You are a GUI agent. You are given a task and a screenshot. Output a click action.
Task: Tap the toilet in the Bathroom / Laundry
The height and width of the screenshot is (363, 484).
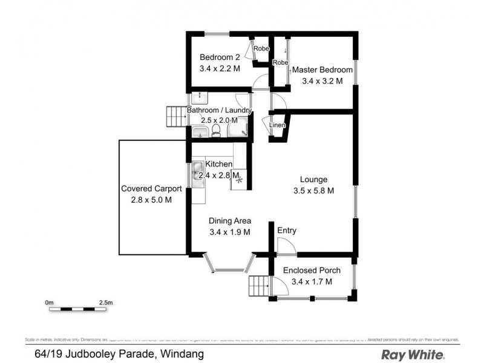[216, 130]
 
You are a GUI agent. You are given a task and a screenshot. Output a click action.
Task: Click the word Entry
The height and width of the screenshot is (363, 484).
[287, 231]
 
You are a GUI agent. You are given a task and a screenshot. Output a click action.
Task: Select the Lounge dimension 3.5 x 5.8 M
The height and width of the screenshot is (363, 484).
[314, 191]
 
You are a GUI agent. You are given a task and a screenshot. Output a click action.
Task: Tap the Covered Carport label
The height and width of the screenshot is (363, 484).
[151, 188]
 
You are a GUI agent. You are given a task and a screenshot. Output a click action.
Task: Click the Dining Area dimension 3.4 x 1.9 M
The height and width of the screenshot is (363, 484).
[230, 232]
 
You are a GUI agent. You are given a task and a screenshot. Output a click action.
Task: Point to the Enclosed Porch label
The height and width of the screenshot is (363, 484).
[312, 270]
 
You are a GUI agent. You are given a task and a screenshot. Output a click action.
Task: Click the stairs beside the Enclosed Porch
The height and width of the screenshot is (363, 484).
[258, 285]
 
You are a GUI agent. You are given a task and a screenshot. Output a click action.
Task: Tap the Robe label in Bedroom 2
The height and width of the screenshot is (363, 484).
[261, 48]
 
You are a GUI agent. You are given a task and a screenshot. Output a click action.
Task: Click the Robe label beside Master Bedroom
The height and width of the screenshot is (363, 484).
[280, 63]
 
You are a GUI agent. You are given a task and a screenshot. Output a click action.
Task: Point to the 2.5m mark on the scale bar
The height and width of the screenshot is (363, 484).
[106, 302]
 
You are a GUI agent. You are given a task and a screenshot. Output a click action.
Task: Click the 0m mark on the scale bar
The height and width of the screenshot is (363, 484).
[49, 302]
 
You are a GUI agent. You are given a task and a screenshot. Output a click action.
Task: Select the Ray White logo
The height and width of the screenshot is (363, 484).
[413, 354]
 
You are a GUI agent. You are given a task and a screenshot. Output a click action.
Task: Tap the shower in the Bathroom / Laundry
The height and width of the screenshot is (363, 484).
[240, 127]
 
